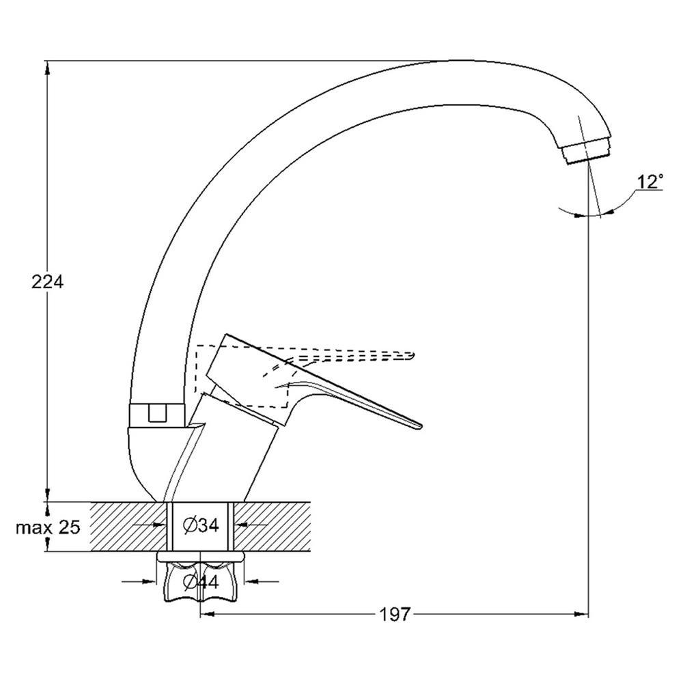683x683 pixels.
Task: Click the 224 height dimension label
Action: tap(48, 282)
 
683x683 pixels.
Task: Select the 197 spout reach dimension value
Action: tap(395, 615)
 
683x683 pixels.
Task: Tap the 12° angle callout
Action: tap(651, 182)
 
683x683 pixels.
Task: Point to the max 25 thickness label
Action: tap(48, 527)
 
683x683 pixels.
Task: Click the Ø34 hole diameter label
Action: tap(201, 526)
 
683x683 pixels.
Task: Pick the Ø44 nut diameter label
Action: tap(201, 581)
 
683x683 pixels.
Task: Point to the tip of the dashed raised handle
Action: tap(413, 355)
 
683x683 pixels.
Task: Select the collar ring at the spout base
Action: tap(158, 415)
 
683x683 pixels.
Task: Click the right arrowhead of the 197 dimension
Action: tap(581, 614)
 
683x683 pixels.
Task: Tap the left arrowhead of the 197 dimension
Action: tap(208, 614)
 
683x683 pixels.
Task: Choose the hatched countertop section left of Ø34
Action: tap(128, 527)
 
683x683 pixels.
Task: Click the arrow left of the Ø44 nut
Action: tap(139, 581)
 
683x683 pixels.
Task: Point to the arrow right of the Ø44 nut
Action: tap(262, 581)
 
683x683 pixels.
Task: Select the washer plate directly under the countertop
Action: tap(200, 557)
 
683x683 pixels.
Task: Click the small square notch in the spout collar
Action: tap(158, 413)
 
